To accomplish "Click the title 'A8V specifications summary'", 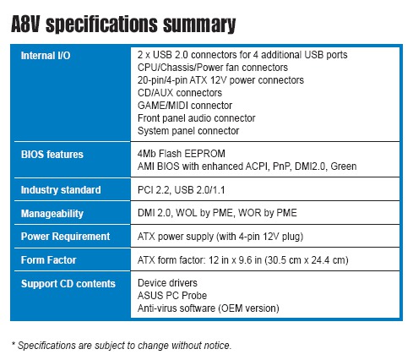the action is coord(123,25).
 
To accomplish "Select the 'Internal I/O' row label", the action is coord(46,56).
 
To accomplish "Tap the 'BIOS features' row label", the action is coord(52,155).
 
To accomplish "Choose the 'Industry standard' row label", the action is coord(61,190).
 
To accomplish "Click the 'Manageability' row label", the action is coord(52,214).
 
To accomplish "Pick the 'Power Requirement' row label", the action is coord(65,237).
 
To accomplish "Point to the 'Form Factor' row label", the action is coord(48,259).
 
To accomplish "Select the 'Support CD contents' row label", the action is coord(68,284).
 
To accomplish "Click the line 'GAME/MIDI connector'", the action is coord(185,106).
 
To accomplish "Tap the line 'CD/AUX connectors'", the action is coord(180,93).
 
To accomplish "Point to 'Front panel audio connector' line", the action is coord(197,118).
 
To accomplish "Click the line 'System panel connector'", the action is coord(188,131).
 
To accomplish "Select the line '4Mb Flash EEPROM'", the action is coord(182,154).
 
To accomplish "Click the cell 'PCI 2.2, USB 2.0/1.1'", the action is coord(182,190).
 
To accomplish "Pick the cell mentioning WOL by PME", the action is coord(217,213).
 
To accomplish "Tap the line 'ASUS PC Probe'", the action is coord(172,296).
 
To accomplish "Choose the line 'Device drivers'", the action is coord(167,283).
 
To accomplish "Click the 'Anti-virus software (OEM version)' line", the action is coord(209,308).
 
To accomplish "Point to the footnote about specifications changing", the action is coord(122,346).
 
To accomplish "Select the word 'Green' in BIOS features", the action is coord(344,166).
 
